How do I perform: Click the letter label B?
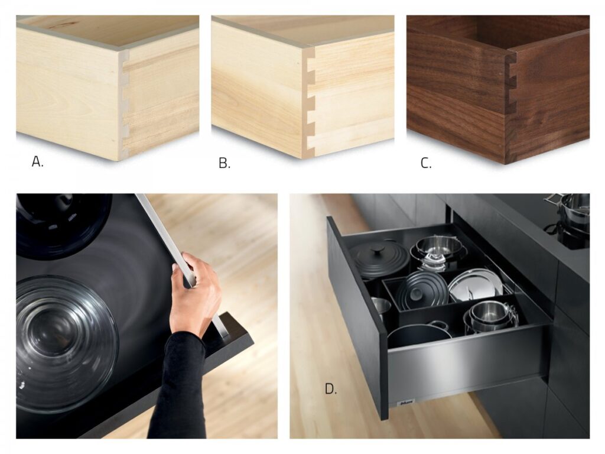224,163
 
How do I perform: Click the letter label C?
426,163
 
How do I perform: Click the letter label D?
331,388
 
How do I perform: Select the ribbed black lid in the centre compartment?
422,289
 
